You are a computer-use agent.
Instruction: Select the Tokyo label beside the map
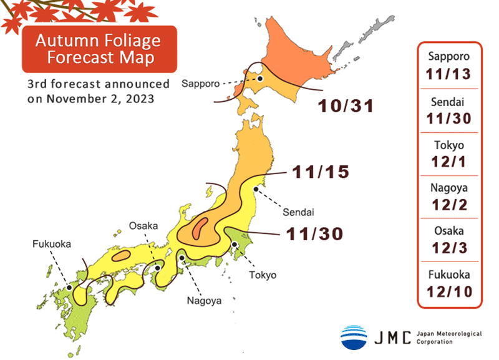(262, 275)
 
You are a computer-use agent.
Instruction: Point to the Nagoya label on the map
(204, 301)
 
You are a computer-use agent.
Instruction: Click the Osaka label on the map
(144, 225)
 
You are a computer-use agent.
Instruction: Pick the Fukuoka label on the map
(52, 244)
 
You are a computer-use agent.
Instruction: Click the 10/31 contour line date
(345, 106)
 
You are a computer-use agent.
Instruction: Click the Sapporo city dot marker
(261, 79)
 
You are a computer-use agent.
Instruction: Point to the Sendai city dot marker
(255, 190)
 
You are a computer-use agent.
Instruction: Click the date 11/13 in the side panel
(448, 74)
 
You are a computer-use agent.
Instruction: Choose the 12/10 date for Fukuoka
(448, 291)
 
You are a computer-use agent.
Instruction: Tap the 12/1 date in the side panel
(448, 161)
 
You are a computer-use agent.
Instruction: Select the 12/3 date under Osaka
(448, 248)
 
